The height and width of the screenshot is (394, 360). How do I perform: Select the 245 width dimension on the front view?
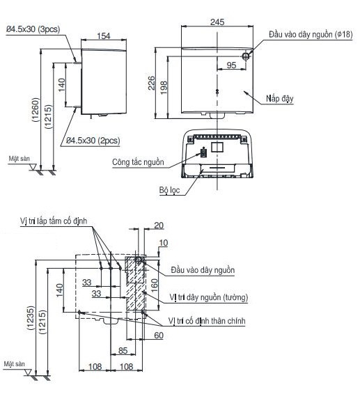coord(217,22)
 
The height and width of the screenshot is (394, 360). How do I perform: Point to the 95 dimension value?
coord(231,65)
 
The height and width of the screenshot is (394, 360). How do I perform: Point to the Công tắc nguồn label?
coord(138,162)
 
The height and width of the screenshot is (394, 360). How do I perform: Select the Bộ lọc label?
coord(169,189)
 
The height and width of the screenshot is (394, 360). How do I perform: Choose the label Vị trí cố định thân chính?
coord(209,320)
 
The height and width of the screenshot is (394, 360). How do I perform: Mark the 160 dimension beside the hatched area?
coord(154,285)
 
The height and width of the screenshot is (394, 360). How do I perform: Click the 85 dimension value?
coord(123,349)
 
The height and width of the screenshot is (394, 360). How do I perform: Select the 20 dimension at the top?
coord(159,226)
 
